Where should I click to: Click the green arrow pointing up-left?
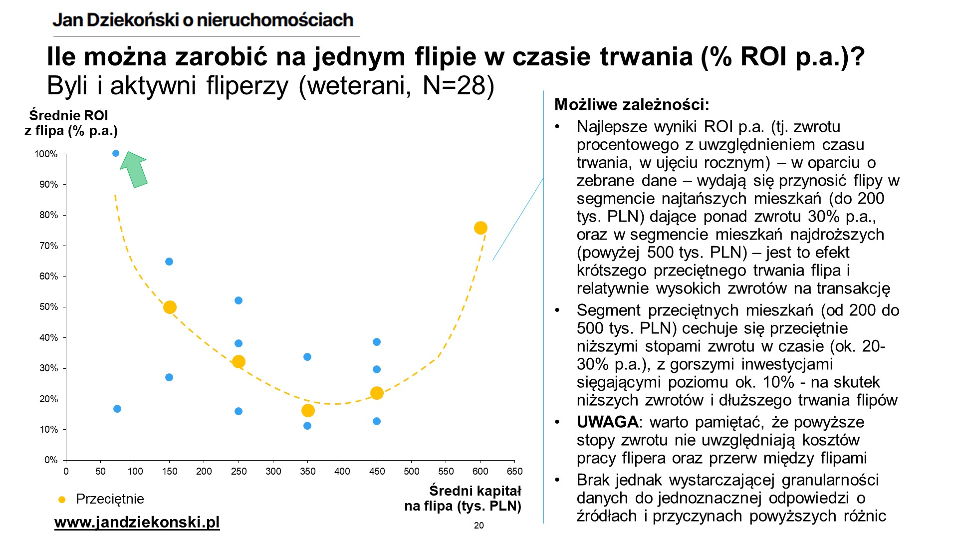134,169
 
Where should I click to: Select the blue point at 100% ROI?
116,153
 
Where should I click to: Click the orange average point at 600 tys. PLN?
480,228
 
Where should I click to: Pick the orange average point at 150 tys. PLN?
170,307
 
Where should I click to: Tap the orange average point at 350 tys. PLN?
308,411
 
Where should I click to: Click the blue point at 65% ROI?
169,262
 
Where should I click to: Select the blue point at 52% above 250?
239,300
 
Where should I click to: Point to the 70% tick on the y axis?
48,246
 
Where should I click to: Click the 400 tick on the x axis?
342,471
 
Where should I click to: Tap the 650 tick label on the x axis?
515,471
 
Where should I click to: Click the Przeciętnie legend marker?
62,499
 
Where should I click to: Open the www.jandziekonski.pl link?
137,523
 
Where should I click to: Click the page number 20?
479,526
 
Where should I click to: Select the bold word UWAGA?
607,422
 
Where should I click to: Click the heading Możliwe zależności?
632,105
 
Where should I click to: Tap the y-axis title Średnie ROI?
69,116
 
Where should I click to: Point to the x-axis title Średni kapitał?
475,491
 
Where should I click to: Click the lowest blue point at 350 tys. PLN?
307,426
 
